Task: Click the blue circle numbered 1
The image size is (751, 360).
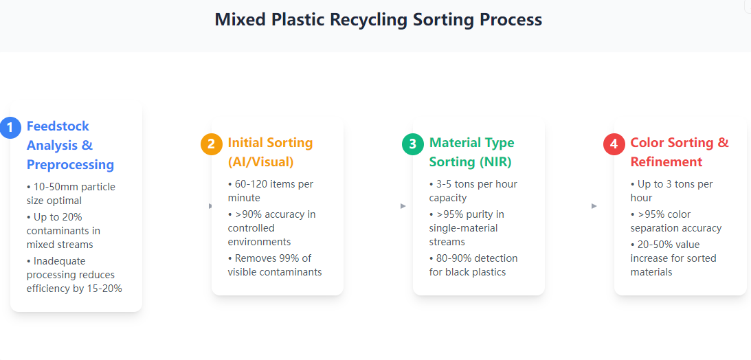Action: click(10, 128)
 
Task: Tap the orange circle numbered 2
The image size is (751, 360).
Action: click(212, 144)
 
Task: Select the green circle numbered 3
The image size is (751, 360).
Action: click(413, 144)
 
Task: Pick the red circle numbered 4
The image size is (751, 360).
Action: click(614, 144)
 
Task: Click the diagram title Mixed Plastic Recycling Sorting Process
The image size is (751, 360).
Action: click(379, 20)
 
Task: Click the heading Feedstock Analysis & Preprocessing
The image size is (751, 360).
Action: click(70, 146)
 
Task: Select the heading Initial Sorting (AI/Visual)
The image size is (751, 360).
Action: click(270, 153)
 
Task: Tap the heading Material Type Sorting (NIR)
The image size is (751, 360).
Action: click(472, 153)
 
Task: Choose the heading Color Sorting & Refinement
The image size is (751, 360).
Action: click(680, 153)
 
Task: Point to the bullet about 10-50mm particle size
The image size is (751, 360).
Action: click(71, 194)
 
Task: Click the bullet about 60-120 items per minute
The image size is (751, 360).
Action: click(271, 190)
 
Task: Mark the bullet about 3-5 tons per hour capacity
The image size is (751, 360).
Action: click(473, 190)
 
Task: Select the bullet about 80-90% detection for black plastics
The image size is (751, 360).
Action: click(473, 265)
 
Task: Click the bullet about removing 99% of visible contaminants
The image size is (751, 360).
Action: click(275, 265)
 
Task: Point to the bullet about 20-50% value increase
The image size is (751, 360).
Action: click(673, 258)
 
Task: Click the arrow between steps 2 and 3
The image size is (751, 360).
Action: click(403, 206)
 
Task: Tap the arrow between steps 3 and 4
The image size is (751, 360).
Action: click(594, 206)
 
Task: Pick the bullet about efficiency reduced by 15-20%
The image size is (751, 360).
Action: click(74, 275)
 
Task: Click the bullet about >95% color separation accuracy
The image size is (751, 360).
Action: click(676, 221)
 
